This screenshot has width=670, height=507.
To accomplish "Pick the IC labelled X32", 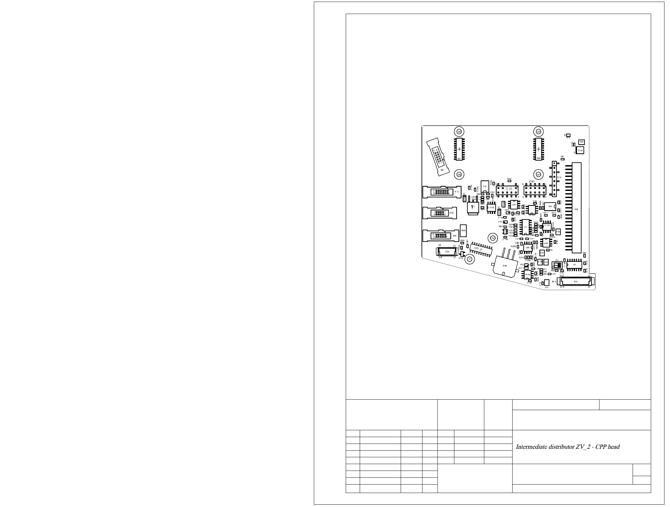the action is coord(539,149).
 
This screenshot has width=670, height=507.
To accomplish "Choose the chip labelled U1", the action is coord(526,227).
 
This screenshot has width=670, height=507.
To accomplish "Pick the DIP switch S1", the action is coord(557,265).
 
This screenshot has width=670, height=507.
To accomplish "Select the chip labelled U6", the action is coord(574,265).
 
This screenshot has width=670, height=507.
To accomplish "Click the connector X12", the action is coord(575,281).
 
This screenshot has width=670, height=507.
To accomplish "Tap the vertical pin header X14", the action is coord(554,179).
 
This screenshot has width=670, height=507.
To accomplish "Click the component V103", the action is coord(580,151).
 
